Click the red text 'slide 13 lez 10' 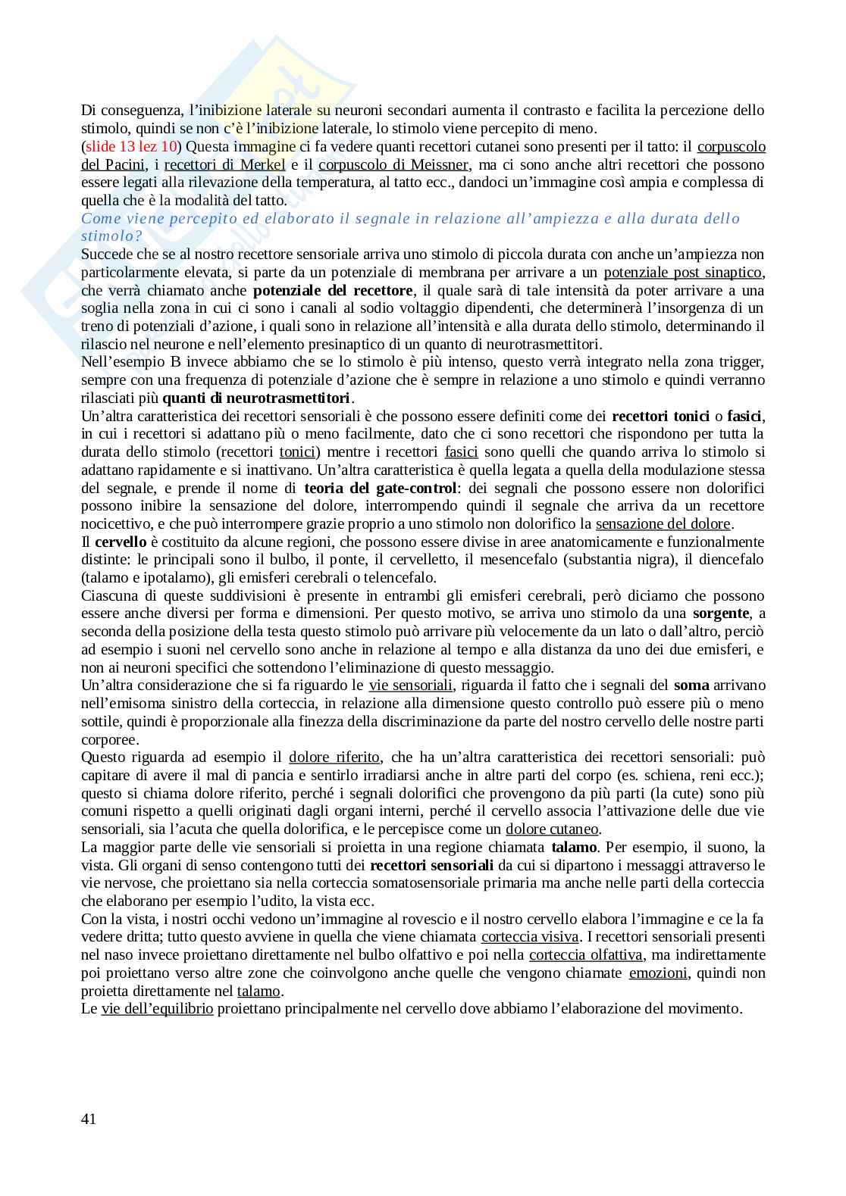pos(130,146)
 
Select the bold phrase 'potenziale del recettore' pos(333,290)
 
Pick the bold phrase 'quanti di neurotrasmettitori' pos(257,398)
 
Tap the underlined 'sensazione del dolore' pos(663,523)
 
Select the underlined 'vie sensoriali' pos(411,685)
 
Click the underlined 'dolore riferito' pos(334,757)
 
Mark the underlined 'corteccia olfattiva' pos(586,955)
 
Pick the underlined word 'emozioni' pos(658,973)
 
